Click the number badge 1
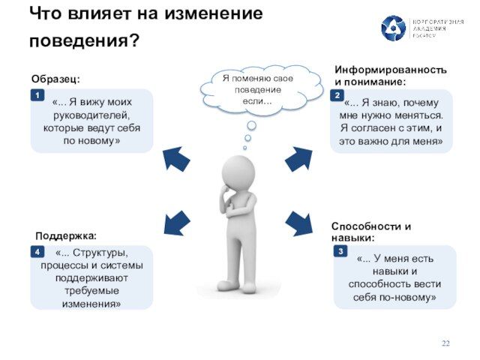pyautogui.click(x=35, y=96)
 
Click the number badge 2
pyautogui.click(x=338, y=96)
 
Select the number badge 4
pyautogui.click(x=35, y=253)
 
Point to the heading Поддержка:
pyautogui.click(x=66, y=235)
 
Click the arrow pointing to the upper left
pyautogui.click(x=176, y=157)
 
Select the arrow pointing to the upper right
pyautogui.click(x=298, y=157)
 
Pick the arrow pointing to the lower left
pyautogui.click(x=177, y=223)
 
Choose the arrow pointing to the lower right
pyautogui.click(x=298, y=223)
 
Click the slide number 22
pyautogui.click(x=445, y=343)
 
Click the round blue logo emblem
pyautogui.click(x=393, y=28)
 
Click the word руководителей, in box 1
pyautogui.click(x=91, y=116)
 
